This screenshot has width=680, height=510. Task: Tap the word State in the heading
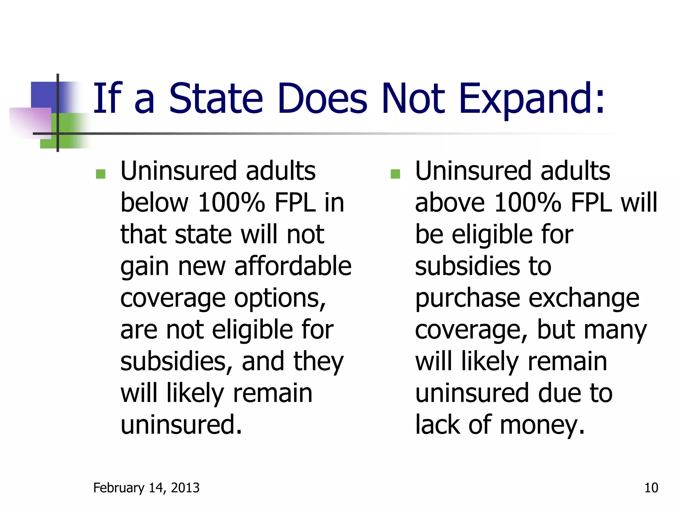coord(216,99)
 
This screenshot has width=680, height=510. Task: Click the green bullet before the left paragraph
coord(101,174)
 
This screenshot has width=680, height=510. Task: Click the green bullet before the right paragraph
coord(395,174)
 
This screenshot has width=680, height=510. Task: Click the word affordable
coord(293,266)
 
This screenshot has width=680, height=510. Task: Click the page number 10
coord(651,488)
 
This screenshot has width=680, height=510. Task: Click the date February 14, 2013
coord(146,488)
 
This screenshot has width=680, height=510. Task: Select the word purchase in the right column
coord(467,298)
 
